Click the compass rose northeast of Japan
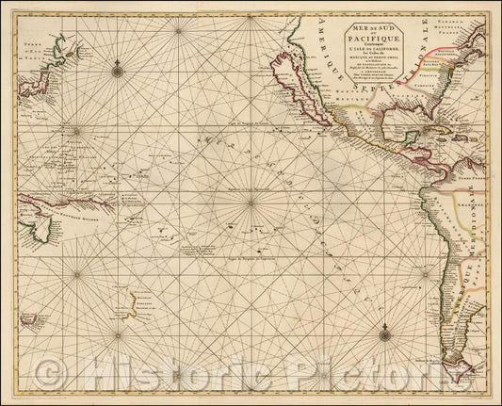117,68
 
